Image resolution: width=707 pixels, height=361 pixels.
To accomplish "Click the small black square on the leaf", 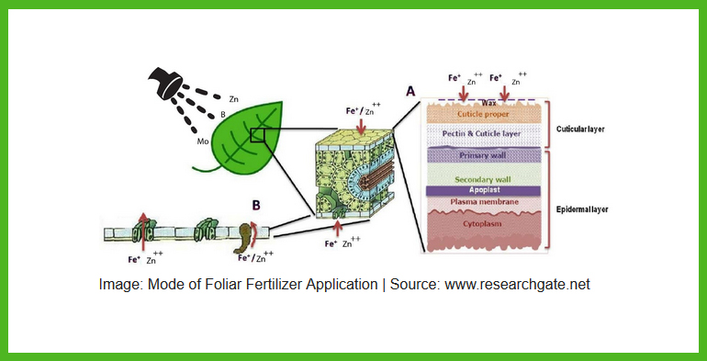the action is [x=258, y=135].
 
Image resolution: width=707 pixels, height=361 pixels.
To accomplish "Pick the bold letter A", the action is [x=410, y=92].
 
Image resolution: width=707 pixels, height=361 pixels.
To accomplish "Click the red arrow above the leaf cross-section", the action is [x=359, y=124].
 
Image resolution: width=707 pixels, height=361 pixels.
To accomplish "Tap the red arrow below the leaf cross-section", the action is [x=337, y=224].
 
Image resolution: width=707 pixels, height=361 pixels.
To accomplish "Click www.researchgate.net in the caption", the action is [x=517, y=284].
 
